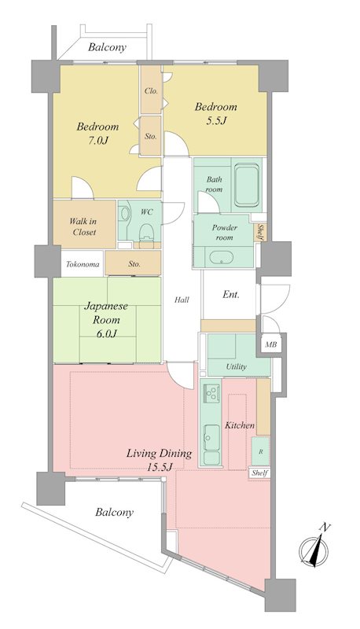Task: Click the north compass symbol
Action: tap(314, 548)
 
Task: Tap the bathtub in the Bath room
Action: tap(247, 185)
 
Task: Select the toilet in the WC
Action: tap(146, 232)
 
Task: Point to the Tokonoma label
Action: tap(83, 264)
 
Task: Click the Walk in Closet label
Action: tap(84, 226)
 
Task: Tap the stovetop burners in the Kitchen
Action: tap(211, 392)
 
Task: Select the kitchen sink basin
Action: tap(211, 437)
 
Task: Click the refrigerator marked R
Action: tap(261, 451)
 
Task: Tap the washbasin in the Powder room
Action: tap(222, 258)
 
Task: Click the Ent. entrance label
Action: tap(231, 295)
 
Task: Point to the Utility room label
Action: tap(236, 366)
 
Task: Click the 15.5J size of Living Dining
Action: tap(159, 467)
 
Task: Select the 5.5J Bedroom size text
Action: tap(216, 120)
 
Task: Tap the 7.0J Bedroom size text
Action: tap(97, 141)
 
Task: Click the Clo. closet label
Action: tap(151, 90)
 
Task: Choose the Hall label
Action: tap(182, 300)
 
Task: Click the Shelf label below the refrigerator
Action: tap(259, 473)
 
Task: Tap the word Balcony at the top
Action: tap(107, 48)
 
